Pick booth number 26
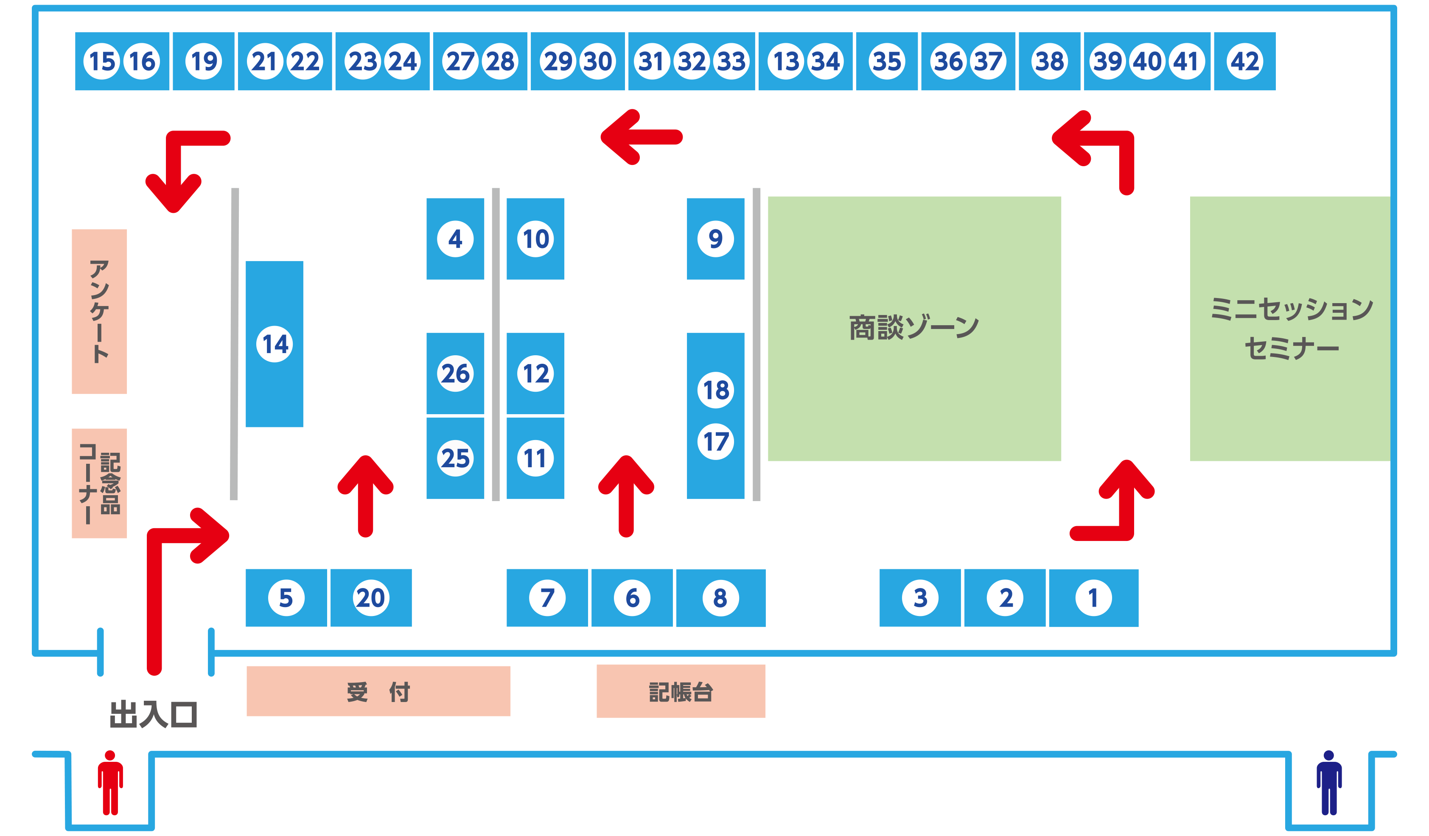click(455, 373)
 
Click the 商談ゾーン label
click(913, 328)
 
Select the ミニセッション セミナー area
click(1291, 329)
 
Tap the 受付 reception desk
click(378, 691)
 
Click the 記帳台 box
click(681, 691)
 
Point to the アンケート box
click(99, 311)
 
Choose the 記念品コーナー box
click(99, 483)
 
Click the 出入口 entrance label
click(153, 714)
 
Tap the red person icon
click(110, 782)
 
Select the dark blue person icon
click(1328, 782)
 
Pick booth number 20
click(371, 597)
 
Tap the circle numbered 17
click(716, 441)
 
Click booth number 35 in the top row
click(886, 61)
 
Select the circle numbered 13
click(786, 61)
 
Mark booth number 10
click(535, 239)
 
